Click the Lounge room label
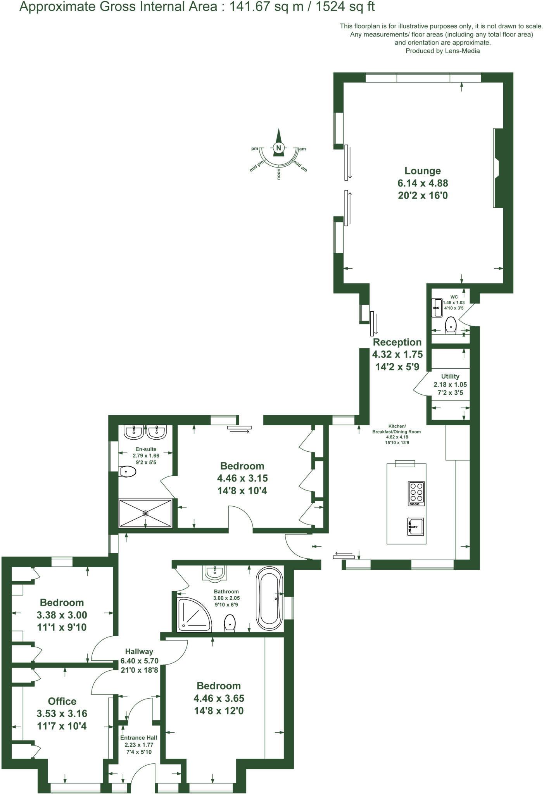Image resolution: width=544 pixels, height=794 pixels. tap(423, 171)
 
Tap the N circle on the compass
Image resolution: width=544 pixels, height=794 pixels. tap(278, 148)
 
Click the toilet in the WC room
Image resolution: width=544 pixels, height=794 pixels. tap(450, 325)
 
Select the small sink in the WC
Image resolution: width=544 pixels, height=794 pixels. tap(437, 307)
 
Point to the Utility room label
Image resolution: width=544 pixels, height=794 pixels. tap(450, 376)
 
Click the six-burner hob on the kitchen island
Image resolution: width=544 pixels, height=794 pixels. tap(416, 493)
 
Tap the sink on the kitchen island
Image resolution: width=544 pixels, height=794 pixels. tap(415, 526)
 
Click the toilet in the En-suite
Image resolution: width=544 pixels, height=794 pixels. tap(128, 472)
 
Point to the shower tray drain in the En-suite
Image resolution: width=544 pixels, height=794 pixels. tap(145, 513)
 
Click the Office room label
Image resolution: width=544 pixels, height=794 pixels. tap(62, 701)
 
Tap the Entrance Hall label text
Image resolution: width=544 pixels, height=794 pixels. tap(138, 738)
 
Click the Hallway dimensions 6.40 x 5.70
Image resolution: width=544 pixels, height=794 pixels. tap(139, 661)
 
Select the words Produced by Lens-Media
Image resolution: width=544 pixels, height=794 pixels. tap(442, 51)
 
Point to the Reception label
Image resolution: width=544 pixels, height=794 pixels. tap(397, 342)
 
